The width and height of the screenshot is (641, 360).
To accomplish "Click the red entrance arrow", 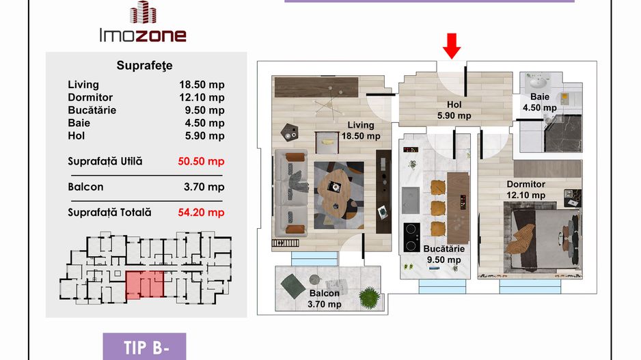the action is pyautogui.click(x=452, y=46).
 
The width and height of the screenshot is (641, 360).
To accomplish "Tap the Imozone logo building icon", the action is pyautogui.click(x=143, y=12).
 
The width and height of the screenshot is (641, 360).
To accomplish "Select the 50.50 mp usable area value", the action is pyautogui.click(x=201, y=161).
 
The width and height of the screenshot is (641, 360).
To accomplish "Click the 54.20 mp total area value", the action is pyautogui.click(x=201, y=212).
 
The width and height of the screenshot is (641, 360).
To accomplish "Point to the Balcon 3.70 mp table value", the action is pyautogui.click(x=204, y=187).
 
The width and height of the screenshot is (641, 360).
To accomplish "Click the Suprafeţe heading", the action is pyautogui.click(x=144, y=66).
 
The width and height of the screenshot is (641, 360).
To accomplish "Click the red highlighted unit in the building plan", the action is pyautogui.click(x=145, y=284).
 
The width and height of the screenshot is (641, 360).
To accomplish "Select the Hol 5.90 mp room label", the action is pyautogui.click(x=454, y=111).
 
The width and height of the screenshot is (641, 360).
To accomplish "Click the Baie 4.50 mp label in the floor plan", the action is pyautogui.click(x=540, y=102).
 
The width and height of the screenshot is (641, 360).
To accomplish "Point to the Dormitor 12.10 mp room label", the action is pyautogui.click(x=526, y=190).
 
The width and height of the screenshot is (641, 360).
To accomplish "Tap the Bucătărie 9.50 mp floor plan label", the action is pyautogui.click(x=444, y=254).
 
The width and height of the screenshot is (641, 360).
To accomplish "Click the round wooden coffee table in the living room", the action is pyautogui.click(x=336, y=191).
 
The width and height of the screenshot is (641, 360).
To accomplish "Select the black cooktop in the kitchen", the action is pyautogui.click(x=411, y=237).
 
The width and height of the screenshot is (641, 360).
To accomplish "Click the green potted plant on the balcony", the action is pyautogui.click(x=370, y=296).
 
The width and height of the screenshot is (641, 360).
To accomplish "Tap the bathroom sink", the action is pyautogui.click(x=538, y=84).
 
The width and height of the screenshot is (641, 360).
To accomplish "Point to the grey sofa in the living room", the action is pyautogui.click(x=291, y=193).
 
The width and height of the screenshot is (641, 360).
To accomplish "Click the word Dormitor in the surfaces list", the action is pyautogui.click(x=90, y=98).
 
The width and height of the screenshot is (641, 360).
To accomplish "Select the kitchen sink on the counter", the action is pyautogui.click(x=411, y=200).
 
